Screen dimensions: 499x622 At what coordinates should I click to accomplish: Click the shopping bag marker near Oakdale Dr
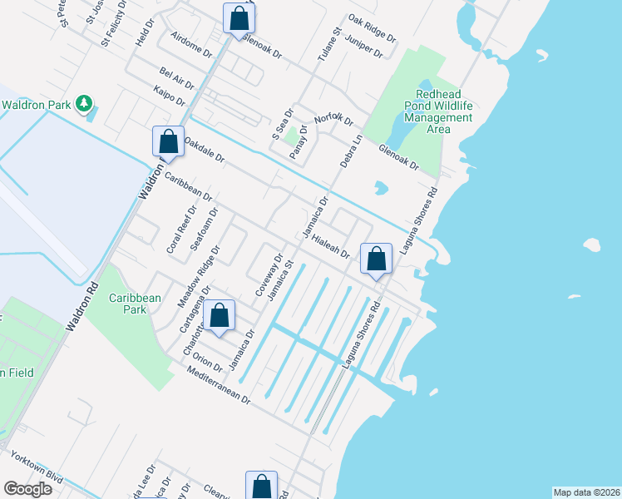click(x=168, y=141)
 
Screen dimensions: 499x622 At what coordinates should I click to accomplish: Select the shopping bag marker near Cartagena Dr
click(x=219, y=316)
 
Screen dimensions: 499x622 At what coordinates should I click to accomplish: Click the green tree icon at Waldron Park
click(x=83, y=104)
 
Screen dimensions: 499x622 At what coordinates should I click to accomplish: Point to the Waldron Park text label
click(x=37, y=105)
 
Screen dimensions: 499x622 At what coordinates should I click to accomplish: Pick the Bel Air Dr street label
click(x=176, y=80)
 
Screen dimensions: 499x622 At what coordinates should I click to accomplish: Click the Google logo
click(x=27, y=489)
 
